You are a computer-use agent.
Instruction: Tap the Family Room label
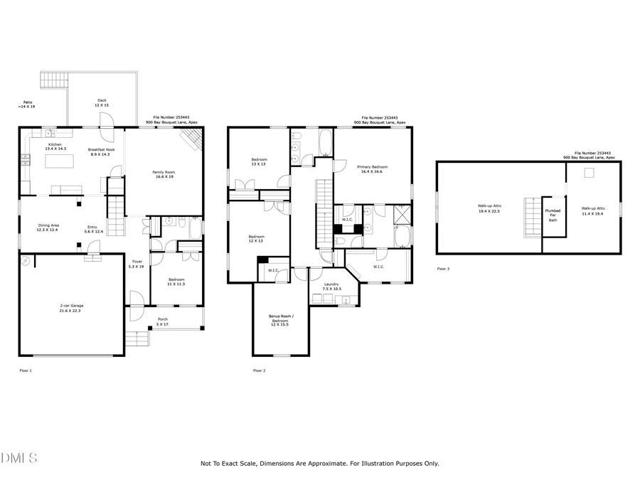point(164,174)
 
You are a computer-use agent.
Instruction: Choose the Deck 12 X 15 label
point(102,103)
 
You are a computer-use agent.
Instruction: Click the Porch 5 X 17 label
point(163,321)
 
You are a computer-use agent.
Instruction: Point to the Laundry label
point(331,287)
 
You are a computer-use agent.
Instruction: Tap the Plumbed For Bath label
point(553,215)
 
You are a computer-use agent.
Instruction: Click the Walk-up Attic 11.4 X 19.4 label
point(593,211)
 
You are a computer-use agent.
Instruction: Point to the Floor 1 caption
point(26,370)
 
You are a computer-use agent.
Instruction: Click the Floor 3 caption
point(443,269)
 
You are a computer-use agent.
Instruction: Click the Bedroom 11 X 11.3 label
point(176,282)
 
